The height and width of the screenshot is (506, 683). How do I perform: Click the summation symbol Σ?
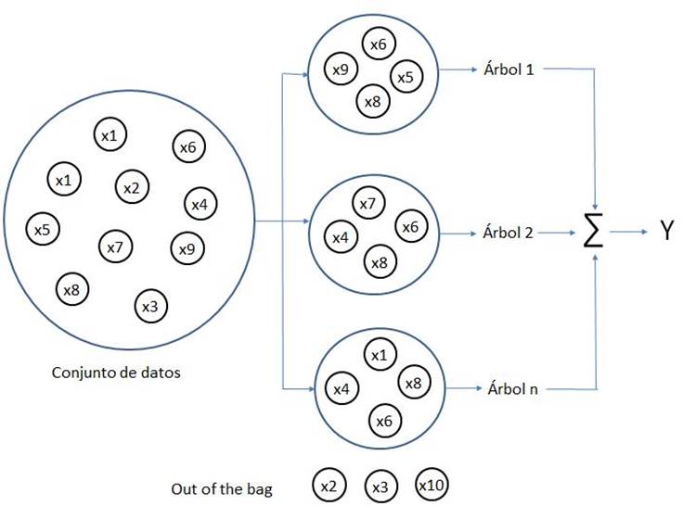pyautogui.click(x=593, y=232)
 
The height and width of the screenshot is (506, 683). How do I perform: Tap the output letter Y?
pyautogui.click(x=666, y=232)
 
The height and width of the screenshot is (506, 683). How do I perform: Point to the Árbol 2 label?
pyautogui.click(x=509, y=232)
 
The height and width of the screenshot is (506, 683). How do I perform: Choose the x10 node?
pyautogui.click(x=432, y=485)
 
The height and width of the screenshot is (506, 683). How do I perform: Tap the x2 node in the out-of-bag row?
pyautogui.click(x=328, y=485)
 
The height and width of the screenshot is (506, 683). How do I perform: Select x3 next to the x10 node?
pyautogui.click(x=380, y=486)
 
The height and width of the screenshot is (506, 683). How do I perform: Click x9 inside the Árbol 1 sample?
pyautogui.click(x=341, y=69)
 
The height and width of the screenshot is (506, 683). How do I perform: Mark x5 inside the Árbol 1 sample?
pyautogui.click(x=405, y=77)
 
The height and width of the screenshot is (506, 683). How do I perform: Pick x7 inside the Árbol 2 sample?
pyautogui.click(x=367, y=203)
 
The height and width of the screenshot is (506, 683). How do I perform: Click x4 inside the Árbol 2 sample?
pyautogui.click(x=341, y=237)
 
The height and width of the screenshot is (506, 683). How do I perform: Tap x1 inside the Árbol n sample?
pyautogui.click(x=378, y=355)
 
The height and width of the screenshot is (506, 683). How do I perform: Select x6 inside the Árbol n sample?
pyautogui.click(x=383, y=421)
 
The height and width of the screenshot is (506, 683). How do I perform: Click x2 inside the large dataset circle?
pyautogui.click(x=131, y=188)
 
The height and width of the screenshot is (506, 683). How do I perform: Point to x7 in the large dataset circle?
pyautogui.click(x=114, y=247)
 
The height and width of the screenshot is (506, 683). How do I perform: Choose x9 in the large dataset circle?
pyautogui.click(x=187, y=247)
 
